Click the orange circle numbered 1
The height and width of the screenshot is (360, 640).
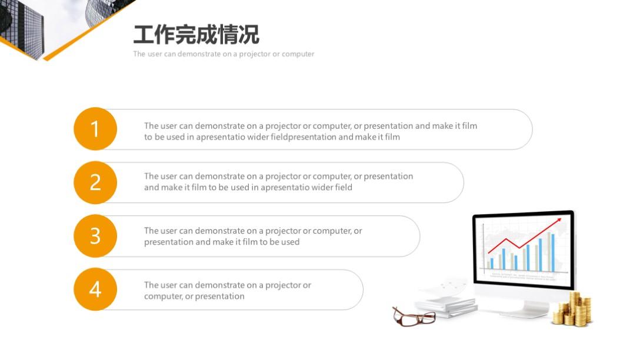point(95,129)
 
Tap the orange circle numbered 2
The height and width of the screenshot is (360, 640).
point(95,182)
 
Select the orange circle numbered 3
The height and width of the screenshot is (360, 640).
point(95,236)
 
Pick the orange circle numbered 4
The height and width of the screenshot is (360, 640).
point(95,289)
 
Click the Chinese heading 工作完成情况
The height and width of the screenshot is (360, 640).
point(196,35)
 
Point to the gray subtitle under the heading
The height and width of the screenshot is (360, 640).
point(224,54)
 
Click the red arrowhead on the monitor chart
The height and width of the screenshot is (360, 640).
point(557,222)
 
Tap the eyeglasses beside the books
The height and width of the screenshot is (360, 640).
point(414,316)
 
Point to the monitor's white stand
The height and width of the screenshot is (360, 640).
point(526,308)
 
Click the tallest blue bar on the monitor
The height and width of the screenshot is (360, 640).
point(553,253)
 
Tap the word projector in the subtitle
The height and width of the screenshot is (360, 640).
point(255,54)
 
